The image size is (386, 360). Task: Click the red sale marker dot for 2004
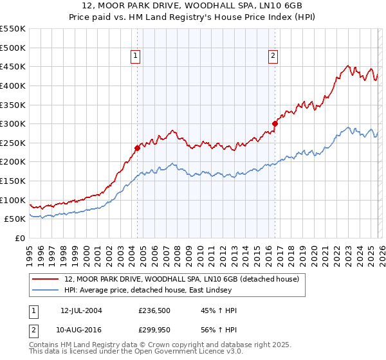[137, 148]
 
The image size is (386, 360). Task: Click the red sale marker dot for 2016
[275, 123]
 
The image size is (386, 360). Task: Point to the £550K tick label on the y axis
[13, 29]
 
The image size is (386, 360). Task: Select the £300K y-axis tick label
[13, 123]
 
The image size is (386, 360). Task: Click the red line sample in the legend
[46, 280]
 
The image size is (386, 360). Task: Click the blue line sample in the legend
[46, 291]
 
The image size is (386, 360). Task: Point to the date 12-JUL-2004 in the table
[81, 310]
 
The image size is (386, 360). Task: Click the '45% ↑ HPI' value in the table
[219, 310]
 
